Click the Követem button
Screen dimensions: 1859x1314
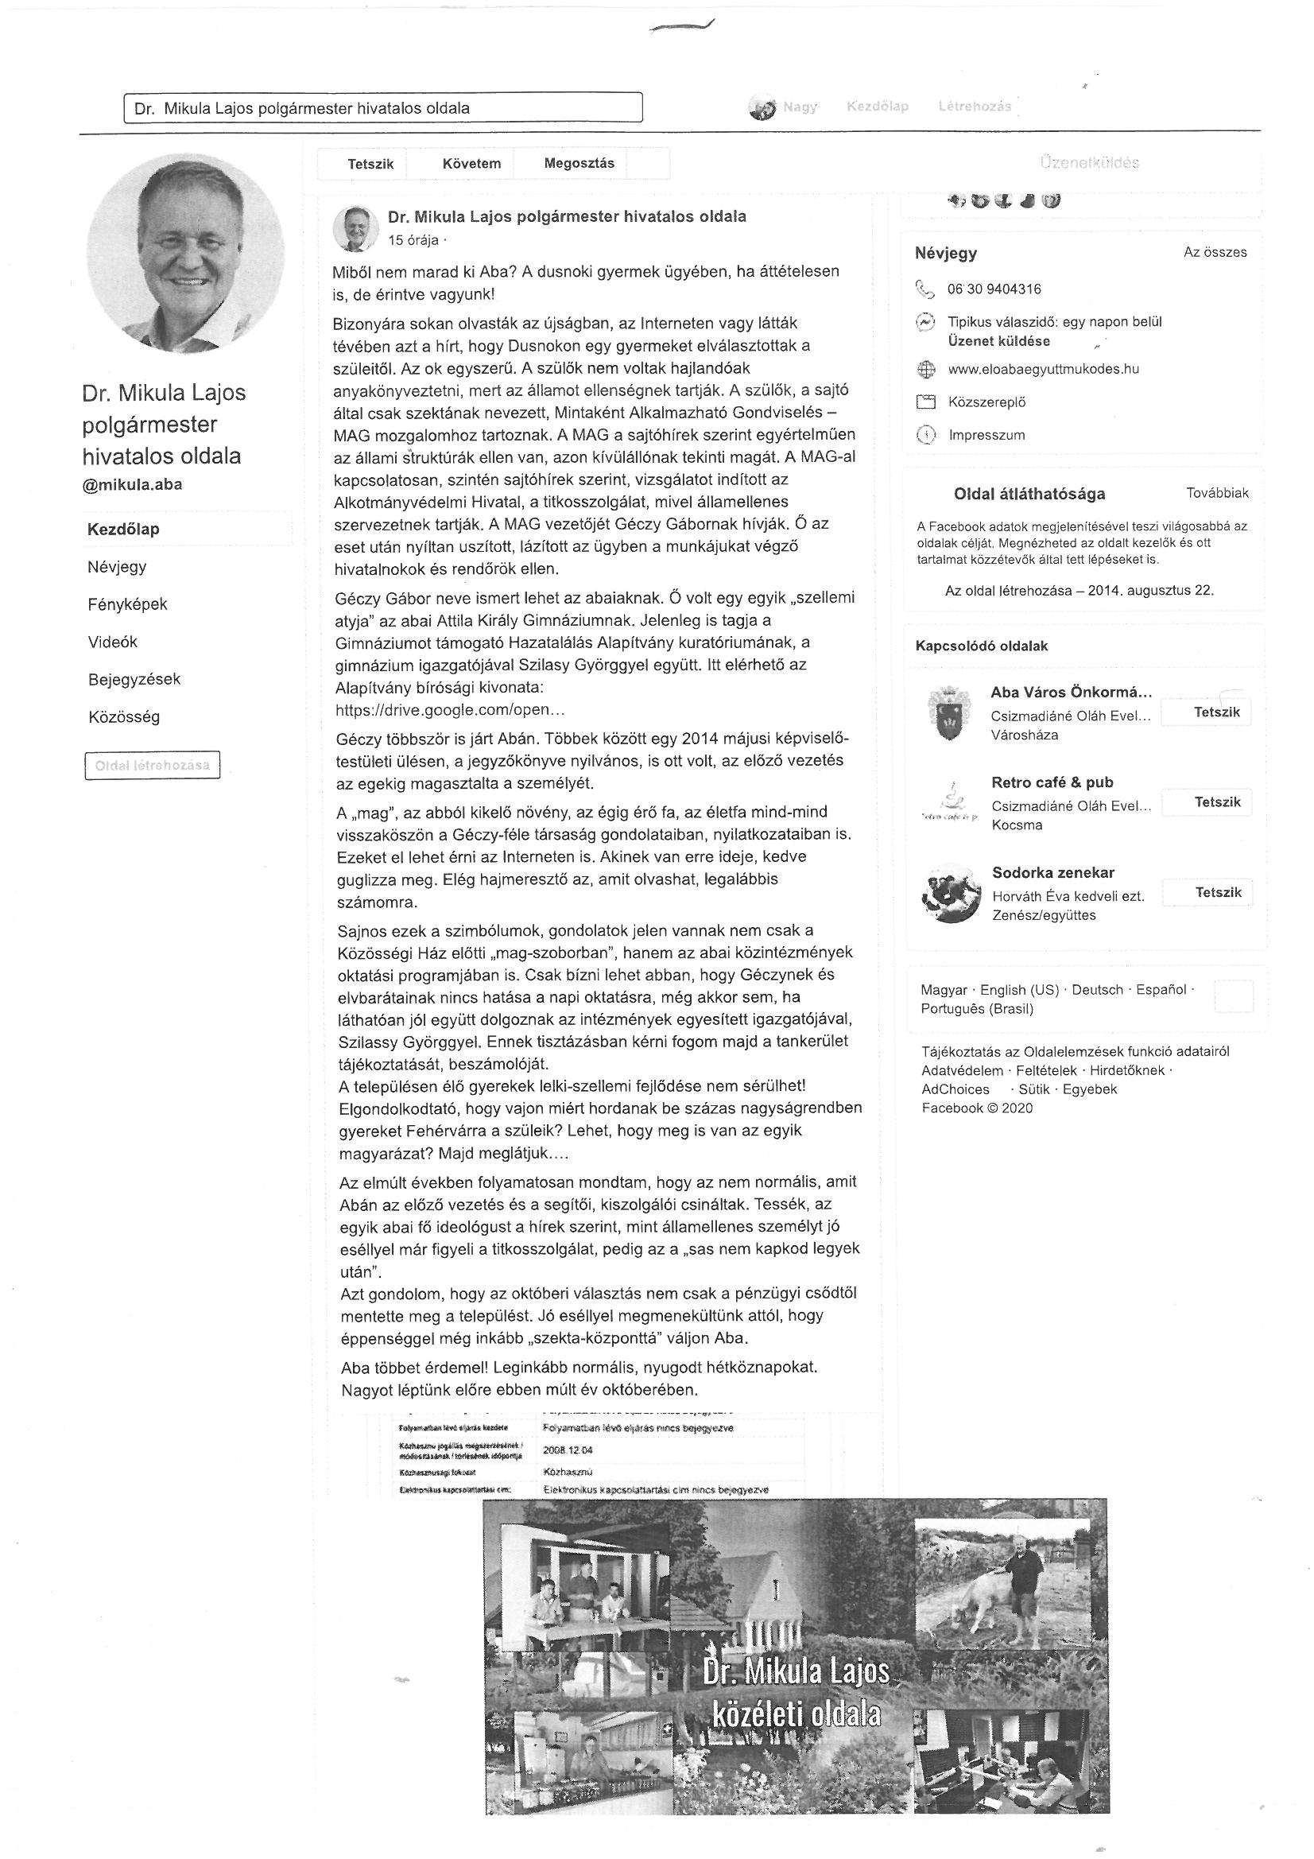(471, 164)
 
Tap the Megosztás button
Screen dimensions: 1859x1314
(579, 164)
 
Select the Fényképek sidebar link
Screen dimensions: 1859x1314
(127, 604)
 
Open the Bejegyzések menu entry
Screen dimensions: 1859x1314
(134, 679)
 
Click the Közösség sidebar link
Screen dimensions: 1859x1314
(123, 716)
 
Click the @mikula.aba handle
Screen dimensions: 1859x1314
(132, 485)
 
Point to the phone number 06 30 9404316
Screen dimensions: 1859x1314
(994, 289)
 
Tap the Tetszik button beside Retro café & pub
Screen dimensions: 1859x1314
(1217, 801)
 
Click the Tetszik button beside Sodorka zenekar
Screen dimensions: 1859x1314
(1218, 892)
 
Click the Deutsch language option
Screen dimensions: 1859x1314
(1097, 989)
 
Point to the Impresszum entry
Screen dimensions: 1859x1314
(986, 435)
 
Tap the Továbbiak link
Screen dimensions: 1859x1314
(1217, 493)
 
